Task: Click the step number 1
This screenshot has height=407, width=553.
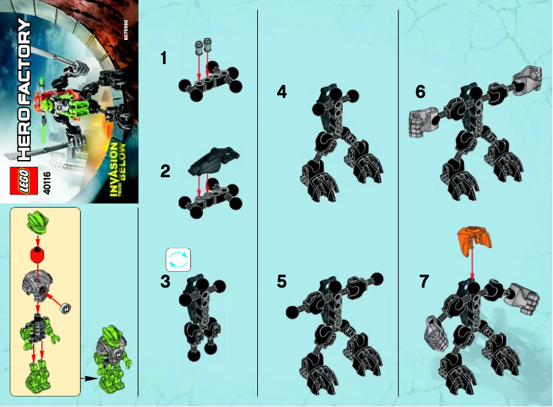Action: coord(163,59)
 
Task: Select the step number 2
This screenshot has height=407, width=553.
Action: coord(165,172)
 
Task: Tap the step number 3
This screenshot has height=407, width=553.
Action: coord(165,281)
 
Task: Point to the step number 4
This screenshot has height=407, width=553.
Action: coord(282,92)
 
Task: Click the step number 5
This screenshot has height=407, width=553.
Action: coord(282,281)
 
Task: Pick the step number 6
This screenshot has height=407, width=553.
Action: coord(421,92)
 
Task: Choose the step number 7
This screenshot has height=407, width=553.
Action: coord(423,281)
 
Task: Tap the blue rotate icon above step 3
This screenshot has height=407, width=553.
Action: coord(178,259)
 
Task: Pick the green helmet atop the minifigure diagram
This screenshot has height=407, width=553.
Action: coord(37,224)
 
